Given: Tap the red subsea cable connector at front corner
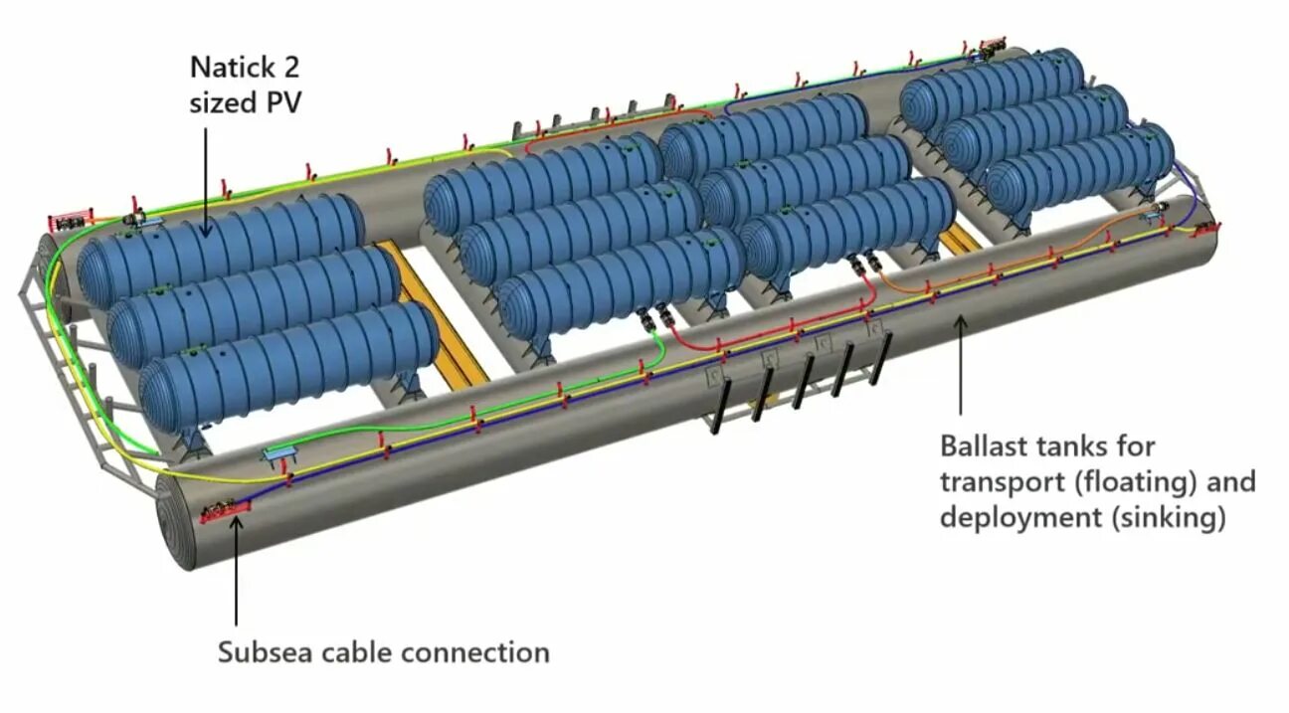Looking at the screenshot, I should (x=225, y=513).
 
